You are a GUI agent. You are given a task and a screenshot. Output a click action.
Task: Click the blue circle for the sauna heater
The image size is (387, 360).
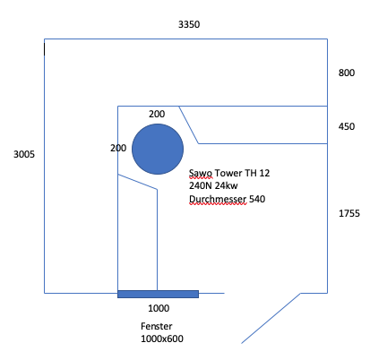(158, 149)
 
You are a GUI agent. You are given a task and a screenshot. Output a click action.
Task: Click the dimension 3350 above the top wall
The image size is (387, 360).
(189, 24)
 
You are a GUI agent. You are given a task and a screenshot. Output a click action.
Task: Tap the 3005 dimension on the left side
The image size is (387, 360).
(24, 154)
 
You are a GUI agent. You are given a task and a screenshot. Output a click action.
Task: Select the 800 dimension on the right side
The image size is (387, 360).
(347, 73)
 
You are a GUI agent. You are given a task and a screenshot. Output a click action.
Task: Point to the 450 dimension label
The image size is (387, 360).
(347, 126)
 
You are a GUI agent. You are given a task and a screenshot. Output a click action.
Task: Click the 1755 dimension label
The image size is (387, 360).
(349, 213)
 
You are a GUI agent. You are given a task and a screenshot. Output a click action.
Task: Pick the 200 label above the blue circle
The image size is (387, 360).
(157, 114)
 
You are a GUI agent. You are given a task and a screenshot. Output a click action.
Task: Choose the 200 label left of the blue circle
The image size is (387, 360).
(118, 148)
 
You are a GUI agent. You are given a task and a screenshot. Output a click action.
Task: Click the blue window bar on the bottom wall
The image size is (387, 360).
(158, 294)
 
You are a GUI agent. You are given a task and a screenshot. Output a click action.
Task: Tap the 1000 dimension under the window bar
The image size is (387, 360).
(159, 308)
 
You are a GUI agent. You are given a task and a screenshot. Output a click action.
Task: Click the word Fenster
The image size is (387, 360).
(157, 326)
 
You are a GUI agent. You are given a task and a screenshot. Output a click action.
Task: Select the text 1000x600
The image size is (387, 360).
(162, 339)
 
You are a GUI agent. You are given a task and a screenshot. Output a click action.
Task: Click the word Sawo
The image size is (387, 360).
(201, 173)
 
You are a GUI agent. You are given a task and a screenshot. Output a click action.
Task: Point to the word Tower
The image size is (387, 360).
(228, 173)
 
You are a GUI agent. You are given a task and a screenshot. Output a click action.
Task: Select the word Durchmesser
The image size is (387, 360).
(218, 199)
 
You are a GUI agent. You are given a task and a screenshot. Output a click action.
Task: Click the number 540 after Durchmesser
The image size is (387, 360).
(257, 199)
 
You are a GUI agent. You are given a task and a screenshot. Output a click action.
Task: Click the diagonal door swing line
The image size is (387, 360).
(271, 318)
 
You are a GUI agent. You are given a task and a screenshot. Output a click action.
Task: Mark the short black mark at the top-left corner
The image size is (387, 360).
(45, 49)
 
